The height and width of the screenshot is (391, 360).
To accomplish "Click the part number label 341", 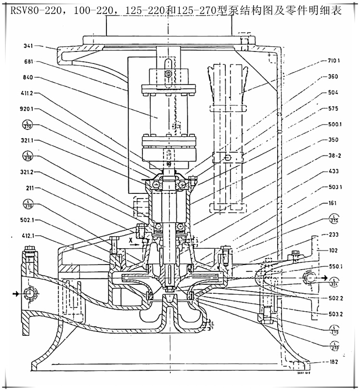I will pos(30,47).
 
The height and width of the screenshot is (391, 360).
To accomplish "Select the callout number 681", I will pos(30,62).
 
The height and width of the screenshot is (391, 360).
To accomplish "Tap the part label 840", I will pos(30,77).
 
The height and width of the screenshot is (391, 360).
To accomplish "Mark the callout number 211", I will pos(30,188).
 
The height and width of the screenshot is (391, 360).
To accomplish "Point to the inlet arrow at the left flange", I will pos(18,292).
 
